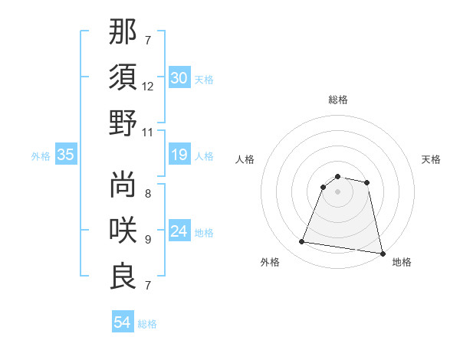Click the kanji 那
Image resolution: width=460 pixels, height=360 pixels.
(x=123, y=31)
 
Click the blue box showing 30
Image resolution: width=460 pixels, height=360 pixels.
(x=179, y=78)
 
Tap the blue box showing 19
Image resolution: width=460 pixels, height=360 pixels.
(x=179, y=155)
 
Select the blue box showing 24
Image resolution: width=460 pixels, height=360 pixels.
(x=179, y=231)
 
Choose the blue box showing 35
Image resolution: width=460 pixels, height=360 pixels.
(x=65, y=155)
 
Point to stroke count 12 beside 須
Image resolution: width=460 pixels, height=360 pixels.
(x=148, y=87)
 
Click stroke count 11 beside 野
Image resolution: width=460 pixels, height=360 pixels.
(x=148, y=133)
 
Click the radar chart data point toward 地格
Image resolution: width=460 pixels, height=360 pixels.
(x=382, y=253)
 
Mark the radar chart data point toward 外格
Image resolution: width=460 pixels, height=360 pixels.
(x=302, y=242)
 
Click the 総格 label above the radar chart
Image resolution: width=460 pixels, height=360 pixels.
(x=338, y=100)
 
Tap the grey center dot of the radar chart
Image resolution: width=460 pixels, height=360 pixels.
(x=337, y=191)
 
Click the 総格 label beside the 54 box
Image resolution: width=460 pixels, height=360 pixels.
(x=147, y=324)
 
